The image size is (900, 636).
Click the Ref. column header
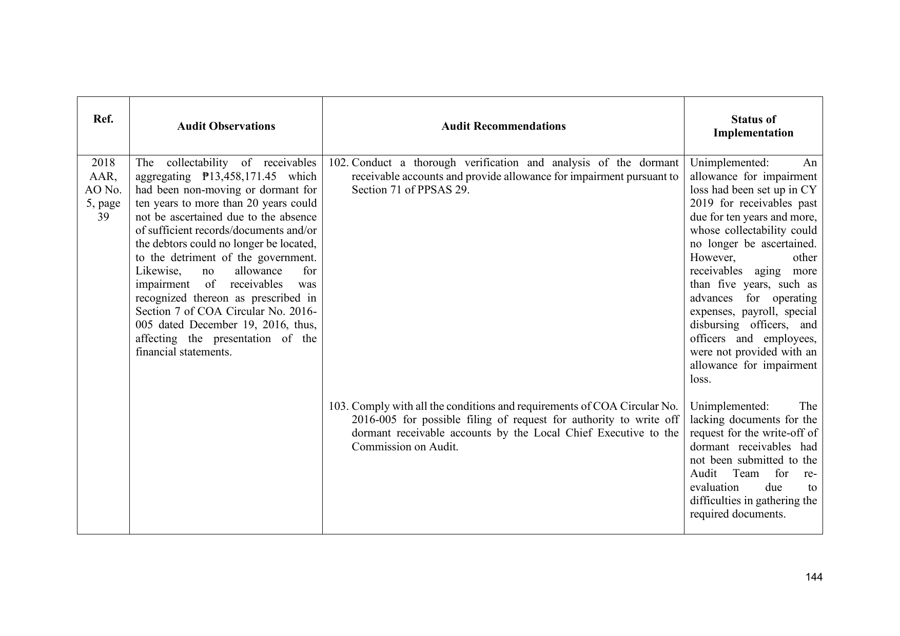[x=103, y=120]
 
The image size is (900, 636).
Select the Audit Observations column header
[x=226, y=126]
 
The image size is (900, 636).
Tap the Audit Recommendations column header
[x=503, y=126]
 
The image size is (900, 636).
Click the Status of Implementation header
[x=753, y=126]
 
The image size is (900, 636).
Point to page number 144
[x=814, y=577]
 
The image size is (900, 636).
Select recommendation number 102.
[x=338, y=163]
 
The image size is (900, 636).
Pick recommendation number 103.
[x=338, y=407]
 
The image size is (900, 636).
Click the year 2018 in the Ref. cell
[x=103, y=163]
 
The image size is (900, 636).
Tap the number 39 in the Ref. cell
[x=103, y=217]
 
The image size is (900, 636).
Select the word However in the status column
[x=712, y=257]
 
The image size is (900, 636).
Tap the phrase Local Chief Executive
[x=590, y=433]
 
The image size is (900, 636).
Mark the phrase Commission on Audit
[x=404, y=447]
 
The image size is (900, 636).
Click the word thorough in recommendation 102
[x=435, y=163]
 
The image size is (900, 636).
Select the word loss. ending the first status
[x=700, y=380]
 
